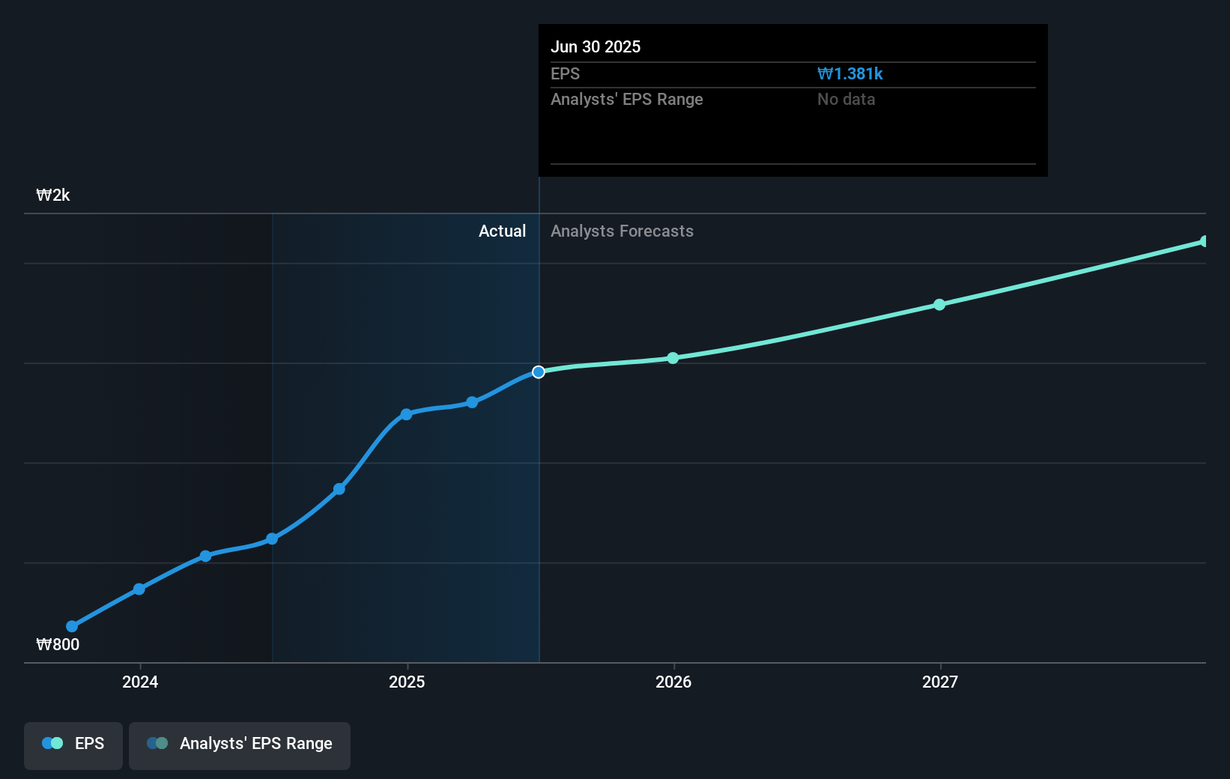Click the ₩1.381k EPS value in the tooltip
click(849, 73)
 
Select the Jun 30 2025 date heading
click(596, 46)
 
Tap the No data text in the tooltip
click(846, 99)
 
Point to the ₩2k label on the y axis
click(53, 195)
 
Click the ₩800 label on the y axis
click(58, 644)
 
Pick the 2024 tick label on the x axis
click(140, 682)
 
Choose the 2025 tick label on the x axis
click(407, 682)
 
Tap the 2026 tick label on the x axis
click(673, 682)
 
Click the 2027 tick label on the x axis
click(940, 682)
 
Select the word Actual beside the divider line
click(502, 231)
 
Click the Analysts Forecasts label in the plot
click(622, 231)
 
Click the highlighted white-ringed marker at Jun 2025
click(539, 372)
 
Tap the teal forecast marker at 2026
click(673, 358)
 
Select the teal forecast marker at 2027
click(939, 305)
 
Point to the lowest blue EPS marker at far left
click(72, 626)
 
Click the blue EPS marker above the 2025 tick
click(406, 414)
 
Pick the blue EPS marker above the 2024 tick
click(139, 589)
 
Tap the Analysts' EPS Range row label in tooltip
click(626, 99)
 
